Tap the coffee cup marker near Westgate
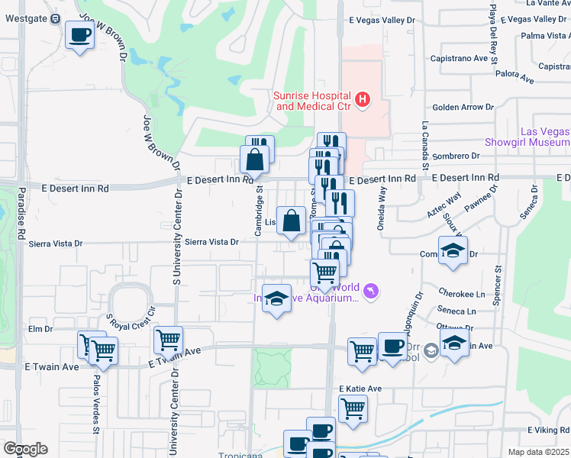79,34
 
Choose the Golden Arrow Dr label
462,108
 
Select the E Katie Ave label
360,389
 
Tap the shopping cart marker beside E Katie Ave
353,408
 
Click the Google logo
25,449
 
